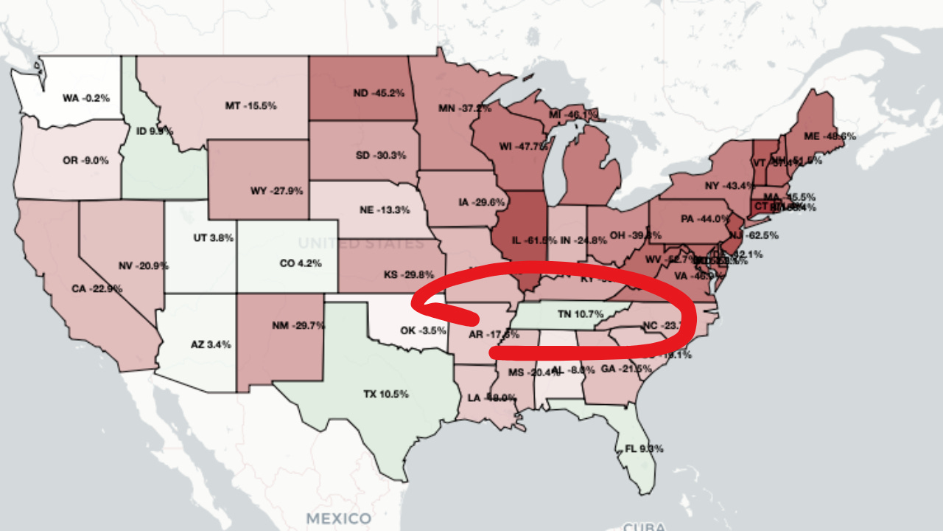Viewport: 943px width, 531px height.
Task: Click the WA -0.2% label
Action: pyautogui.click(x=86, y=98)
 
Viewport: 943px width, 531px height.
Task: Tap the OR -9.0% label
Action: pyautogui.click(x=85, y=160)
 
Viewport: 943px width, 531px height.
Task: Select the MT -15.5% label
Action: pyautogui.click(x=250, y=106)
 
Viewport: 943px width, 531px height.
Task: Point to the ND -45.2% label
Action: pyautogui.click(x=379, y=94)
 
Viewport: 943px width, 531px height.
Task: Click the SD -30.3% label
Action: pyautogui.click(x=380, y=156)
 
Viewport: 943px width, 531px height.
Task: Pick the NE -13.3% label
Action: pyautogui.click(x=385, y=210)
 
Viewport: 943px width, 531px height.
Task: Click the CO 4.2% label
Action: pyautogui.click(x=301, y=263)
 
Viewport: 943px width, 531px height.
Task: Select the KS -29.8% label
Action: pyautogui.click(x=409, y=275)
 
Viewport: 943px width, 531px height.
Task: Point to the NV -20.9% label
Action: pyautogui.click(x=143, y=265)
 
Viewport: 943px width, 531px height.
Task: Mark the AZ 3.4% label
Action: pyautogui.click(x=211, y=344)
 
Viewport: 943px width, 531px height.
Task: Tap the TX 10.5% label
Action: pyautogui.click(x=386, y=394)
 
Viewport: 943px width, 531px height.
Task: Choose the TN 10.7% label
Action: pyautogui.click(x=581, y=314)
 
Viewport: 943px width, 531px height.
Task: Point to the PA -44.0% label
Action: pyautogui.click(x=705, y=219)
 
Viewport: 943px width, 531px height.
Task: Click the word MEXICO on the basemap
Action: pyautogui.click(x=339, y=518)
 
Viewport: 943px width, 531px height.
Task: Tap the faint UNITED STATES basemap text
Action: pyautogui.click(x=361, y=243)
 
